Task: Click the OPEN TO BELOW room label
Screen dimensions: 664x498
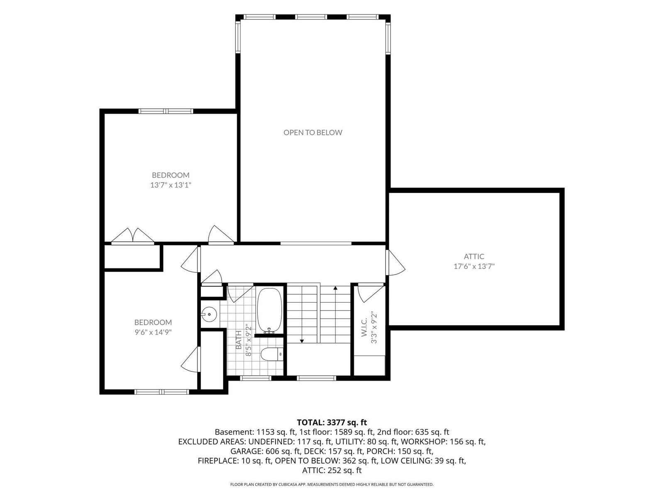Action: pos(312,132)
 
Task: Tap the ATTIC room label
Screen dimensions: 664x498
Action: pos(474,256)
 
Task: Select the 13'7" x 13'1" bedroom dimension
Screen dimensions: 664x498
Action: pos(171,185)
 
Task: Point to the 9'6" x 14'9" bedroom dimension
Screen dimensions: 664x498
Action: pos(153,332)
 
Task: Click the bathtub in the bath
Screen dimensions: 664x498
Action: pos(269,310)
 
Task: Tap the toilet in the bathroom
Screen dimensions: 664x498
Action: pos(271,354)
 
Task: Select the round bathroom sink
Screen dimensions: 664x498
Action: pos(209,314)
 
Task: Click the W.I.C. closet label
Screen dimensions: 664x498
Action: pos(364,327)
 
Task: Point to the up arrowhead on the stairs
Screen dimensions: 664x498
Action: pos(335,288)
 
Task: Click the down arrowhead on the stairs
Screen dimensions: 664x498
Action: pos(302,341)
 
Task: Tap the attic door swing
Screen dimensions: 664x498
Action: pos(395,262)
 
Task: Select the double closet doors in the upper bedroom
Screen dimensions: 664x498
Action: pos(132,236)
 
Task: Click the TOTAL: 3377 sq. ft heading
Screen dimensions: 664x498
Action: pos(332,422)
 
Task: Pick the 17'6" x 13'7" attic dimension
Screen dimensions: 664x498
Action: pos(474,266)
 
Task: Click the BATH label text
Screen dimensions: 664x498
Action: pos(239,340)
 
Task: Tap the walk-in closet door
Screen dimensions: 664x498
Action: pos(371,293)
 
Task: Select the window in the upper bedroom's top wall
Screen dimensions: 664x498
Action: pos(166,111)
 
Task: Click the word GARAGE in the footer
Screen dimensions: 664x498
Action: pos(247,452)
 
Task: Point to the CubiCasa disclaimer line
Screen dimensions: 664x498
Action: pos(332,485)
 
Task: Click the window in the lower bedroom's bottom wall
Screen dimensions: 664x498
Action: pos(162,392)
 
